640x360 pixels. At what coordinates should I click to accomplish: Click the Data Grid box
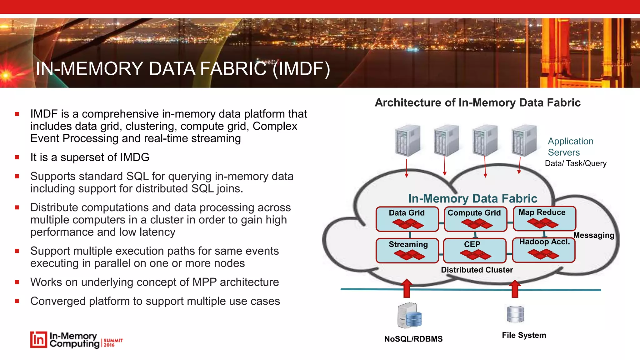(x=407, y=219)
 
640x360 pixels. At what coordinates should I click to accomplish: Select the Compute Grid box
(x=475, y=219)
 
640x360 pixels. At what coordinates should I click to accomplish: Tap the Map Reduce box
(x=544, y=218)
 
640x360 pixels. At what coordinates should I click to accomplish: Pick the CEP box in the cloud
(x=474, y=250)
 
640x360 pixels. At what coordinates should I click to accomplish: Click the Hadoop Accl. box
(x=544, y=250)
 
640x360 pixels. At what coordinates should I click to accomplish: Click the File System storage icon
(x=515, y=314)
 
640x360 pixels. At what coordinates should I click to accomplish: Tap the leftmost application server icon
(x=407, y=141)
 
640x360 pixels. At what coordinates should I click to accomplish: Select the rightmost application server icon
(x=524, y=141)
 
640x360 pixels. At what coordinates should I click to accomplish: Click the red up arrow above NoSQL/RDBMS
(x=407, y=288)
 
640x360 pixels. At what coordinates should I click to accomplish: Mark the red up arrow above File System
(x=515, y=288)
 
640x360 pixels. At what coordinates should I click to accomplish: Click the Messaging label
(x=593, y=235)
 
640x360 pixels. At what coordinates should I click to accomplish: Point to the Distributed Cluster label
(x=477, y=270)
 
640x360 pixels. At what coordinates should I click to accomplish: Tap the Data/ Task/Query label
(x=575, y=163)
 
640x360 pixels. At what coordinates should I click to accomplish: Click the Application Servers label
(x=570, y=147)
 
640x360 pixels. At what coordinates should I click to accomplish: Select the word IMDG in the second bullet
(x=134, y=157)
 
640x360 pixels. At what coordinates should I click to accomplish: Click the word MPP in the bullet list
(x=204, y=282)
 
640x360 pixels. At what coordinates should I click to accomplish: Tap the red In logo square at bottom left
(x=38, y=340)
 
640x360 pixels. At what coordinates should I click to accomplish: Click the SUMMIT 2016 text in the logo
(x=113, y=342)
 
